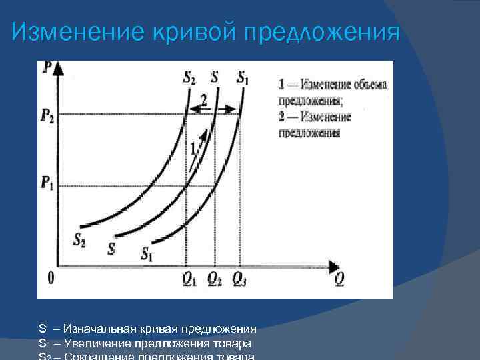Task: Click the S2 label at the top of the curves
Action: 189,77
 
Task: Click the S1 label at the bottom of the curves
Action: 147,253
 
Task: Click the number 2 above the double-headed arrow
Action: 204,100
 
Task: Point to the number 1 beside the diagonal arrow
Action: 193,148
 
